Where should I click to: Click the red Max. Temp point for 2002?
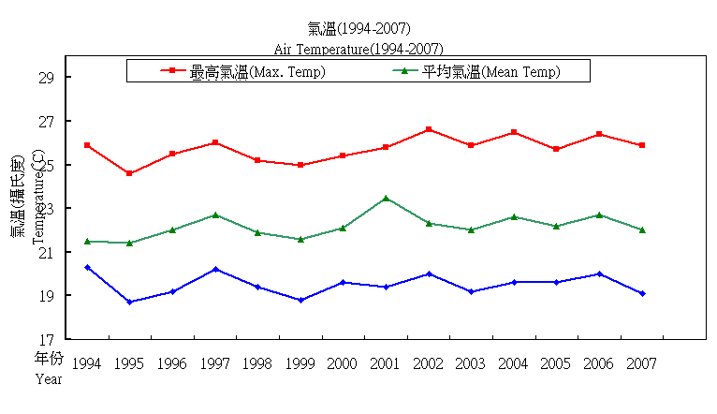point(429,129)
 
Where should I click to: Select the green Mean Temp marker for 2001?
point(386,199)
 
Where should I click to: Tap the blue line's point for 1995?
point(130,302)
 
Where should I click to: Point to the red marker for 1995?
point(130,173)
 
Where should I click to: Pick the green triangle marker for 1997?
point(215,214)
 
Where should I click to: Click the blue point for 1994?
point(87,267)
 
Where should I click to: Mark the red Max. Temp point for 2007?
point(642,145)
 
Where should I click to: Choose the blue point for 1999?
point(300,300)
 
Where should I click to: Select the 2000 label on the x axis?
point(343,363)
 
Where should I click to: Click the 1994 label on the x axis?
point(87,363)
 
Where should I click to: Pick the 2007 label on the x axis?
point(642,363)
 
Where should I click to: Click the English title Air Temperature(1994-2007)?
point(358,48)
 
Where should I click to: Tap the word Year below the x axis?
point(49,379)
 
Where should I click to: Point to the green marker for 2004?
point(514,216)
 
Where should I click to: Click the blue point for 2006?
point(599,274)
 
